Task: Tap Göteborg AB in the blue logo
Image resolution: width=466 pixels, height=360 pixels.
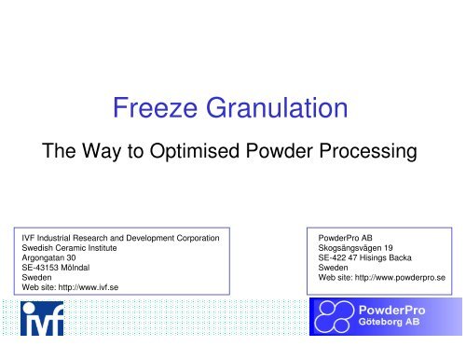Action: tap(404, 328)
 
